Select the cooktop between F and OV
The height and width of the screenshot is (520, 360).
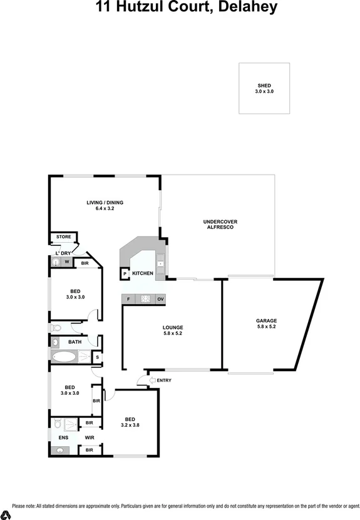point(145,299)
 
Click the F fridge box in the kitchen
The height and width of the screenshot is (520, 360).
point(128,299)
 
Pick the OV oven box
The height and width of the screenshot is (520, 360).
point(160,299)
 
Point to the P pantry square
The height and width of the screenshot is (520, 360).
point(125,274)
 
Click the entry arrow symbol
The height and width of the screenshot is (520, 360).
point(152,380)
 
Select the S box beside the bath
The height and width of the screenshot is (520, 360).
point(96,357)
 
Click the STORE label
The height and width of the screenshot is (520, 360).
point(63,237)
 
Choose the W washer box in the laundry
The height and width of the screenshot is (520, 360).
point(66,263)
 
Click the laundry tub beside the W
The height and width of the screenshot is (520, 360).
point(56,263)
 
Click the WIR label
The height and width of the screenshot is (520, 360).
point(89,437)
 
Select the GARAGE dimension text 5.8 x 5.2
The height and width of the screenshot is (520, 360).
point(266,326)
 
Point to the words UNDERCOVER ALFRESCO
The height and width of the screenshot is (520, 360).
point(220,225)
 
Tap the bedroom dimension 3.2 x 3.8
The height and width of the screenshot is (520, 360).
point(130,425)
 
